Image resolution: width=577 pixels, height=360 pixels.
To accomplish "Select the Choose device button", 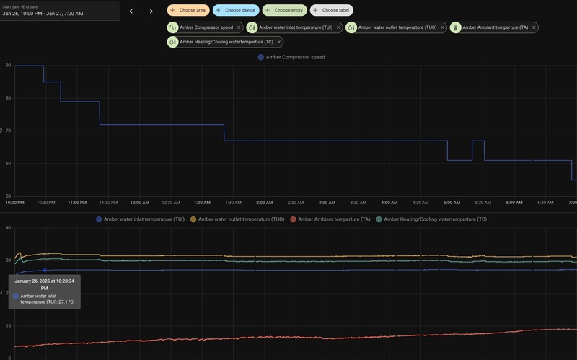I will click(236, 10).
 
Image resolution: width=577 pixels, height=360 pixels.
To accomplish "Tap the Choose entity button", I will click(285, 10).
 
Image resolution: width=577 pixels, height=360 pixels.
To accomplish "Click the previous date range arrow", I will click(131, 11).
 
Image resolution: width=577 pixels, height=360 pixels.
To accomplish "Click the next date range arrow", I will click(151, 11).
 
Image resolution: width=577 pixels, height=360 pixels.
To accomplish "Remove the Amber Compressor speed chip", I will click(239, 27).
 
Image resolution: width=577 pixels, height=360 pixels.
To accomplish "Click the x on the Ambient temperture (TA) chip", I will click(533, 27).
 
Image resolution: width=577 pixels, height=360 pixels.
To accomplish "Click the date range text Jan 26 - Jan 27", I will click(43, 13).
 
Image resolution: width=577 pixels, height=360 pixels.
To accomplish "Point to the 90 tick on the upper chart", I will click(8, 66).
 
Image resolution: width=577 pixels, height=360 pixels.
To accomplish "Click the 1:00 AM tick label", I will click(202, 202).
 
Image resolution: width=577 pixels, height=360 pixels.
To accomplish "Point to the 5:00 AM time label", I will click(452, 202).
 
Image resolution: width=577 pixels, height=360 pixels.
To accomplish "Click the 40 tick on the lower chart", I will click(8, 228).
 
